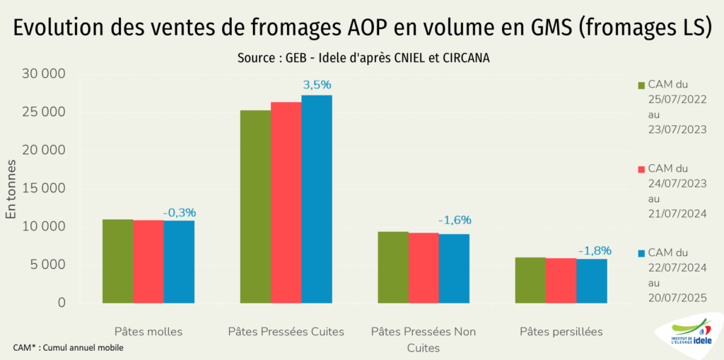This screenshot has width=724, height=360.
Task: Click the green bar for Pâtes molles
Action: click(117, 261)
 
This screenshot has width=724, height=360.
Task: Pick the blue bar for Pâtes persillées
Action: click(592, 281)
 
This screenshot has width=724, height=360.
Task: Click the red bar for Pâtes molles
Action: click(148, 262)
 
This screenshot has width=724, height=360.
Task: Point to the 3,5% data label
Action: click(317, 85)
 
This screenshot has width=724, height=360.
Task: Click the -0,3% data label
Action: click(180, 212)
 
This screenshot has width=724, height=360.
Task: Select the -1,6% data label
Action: click(454, 220)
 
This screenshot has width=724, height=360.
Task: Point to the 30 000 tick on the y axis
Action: click(45, 74)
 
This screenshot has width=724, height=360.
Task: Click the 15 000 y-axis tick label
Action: click(45, 189)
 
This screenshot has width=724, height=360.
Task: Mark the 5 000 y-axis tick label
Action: click(49, 265)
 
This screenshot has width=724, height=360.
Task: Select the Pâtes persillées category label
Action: click(561, 331)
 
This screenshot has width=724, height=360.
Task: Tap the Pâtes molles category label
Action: click(148, 331)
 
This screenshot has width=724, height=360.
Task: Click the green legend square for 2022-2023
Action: click(642, 86)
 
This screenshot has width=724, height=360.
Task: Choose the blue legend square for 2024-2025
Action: click(642, 253)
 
